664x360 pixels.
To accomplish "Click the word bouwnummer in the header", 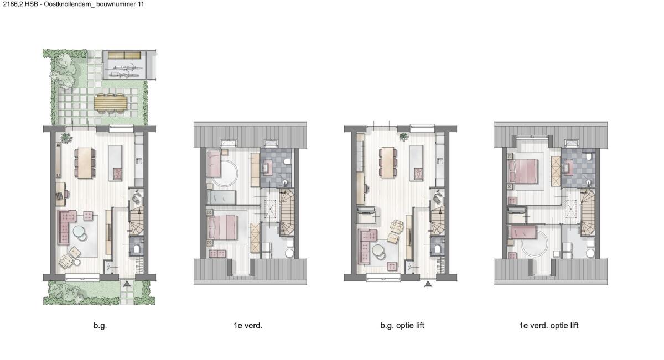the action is [116, 4].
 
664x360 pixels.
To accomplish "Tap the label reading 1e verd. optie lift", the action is [549, 326].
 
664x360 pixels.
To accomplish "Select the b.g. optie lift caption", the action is [402, 326].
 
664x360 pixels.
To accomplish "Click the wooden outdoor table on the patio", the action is [111, 103].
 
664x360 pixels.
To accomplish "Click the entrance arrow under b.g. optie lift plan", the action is [428, 284].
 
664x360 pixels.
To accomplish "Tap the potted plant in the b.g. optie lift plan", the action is [403, 137].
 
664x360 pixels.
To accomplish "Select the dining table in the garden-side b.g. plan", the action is [85, 163].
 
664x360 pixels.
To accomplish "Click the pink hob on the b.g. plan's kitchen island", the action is [117, 174].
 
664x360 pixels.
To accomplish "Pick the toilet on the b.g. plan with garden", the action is [137, 248].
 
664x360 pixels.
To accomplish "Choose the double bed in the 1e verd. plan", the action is [222, 227].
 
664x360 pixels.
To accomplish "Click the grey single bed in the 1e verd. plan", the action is [221, 197].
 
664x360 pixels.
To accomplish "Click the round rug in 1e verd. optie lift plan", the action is [535, 242].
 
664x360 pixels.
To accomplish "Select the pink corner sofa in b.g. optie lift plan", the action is [366, 243].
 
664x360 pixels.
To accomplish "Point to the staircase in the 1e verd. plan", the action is [287, 212].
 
